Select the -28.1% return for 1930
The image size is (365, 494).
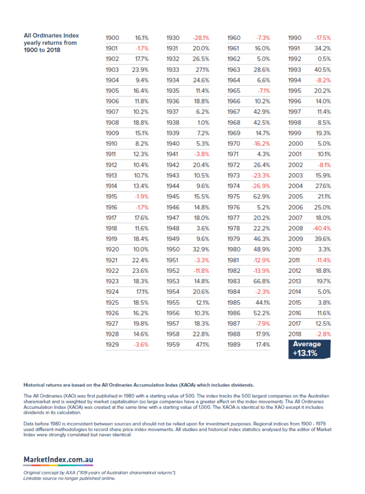tap(201, 38)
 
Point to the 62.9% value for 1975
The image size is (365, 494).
tap(262, 196)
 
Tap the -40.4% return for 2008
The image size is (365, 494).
tap(322, 228)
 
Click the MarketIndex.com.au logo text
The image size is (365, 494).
tap(58, 459)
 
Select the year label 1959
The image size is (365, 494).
tap(173, 344)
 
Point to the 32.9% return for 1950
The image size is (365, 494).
tap(201, 249)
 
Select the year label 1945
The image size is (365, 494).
tap(173, 196)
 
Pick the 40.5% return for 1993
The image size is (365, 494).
tap(322, 70)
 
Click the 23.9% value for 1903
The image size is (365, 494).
tap(140, 70)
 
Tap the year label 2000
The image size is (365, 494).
tap(295, 144)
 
